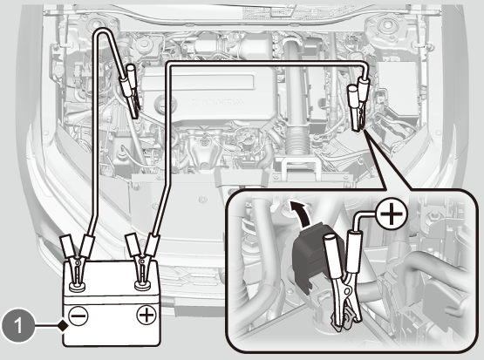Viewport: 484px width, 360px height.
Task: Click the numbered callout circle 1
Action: click(x=18, y=325)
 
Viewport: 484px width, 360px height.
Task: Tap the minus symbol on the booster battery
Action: click(x=78, y=316)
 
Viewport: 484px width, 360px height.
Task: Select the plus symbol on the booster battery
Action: click(x=146, y=315)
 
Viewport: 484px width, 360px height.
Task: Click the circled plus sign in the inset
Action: click(x=392, y=214)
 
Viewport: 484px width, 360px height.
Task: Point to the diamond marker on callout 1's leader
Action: click(x=64, y=325)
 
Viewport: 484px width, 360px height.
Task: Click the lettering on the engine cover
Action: click(x=219, y=102)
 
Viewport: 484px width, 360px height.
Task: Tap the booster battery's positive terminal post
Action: click(x=143, y=285)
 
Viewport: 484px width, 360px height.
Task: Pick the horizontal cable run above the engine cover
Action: click(x=265, y=64)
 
